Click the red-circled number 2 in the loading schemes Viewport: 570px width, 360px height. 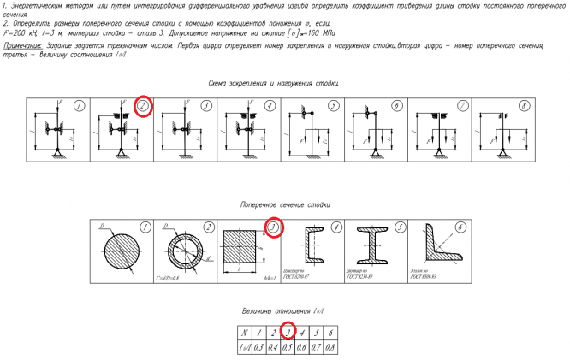(x=143, y=106)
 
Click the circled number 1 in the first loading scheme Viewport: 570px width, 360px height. (x=78, y=106)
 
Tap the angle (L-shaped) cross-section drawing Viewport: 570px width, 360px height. (x=441, y=249)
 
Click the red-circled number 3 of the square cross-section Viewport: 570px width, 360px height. (x=273, y=228)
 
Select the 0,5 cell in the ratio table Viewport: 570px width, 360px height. (x=288, y=346)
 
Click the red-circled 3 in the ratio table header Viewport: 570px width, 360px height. (x=288, y=332)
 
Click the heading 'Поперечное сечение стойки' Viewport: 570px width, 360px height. (x=284, y=205)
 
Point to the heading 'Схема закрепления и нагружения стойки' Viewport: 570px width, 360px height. (x=274, y=84)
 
